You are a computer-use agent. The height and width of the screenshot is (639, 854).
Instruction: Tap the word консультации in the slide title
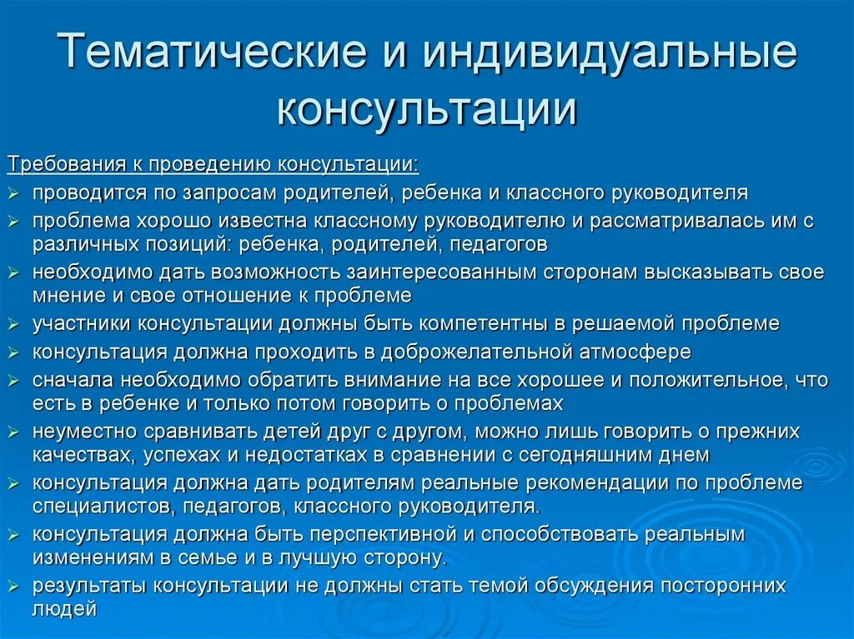pyautogui.click(x=426, y=110)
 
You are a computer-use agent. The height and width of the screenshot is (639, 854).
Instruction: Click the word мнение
pyautogui.click(x=67, y=296)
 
